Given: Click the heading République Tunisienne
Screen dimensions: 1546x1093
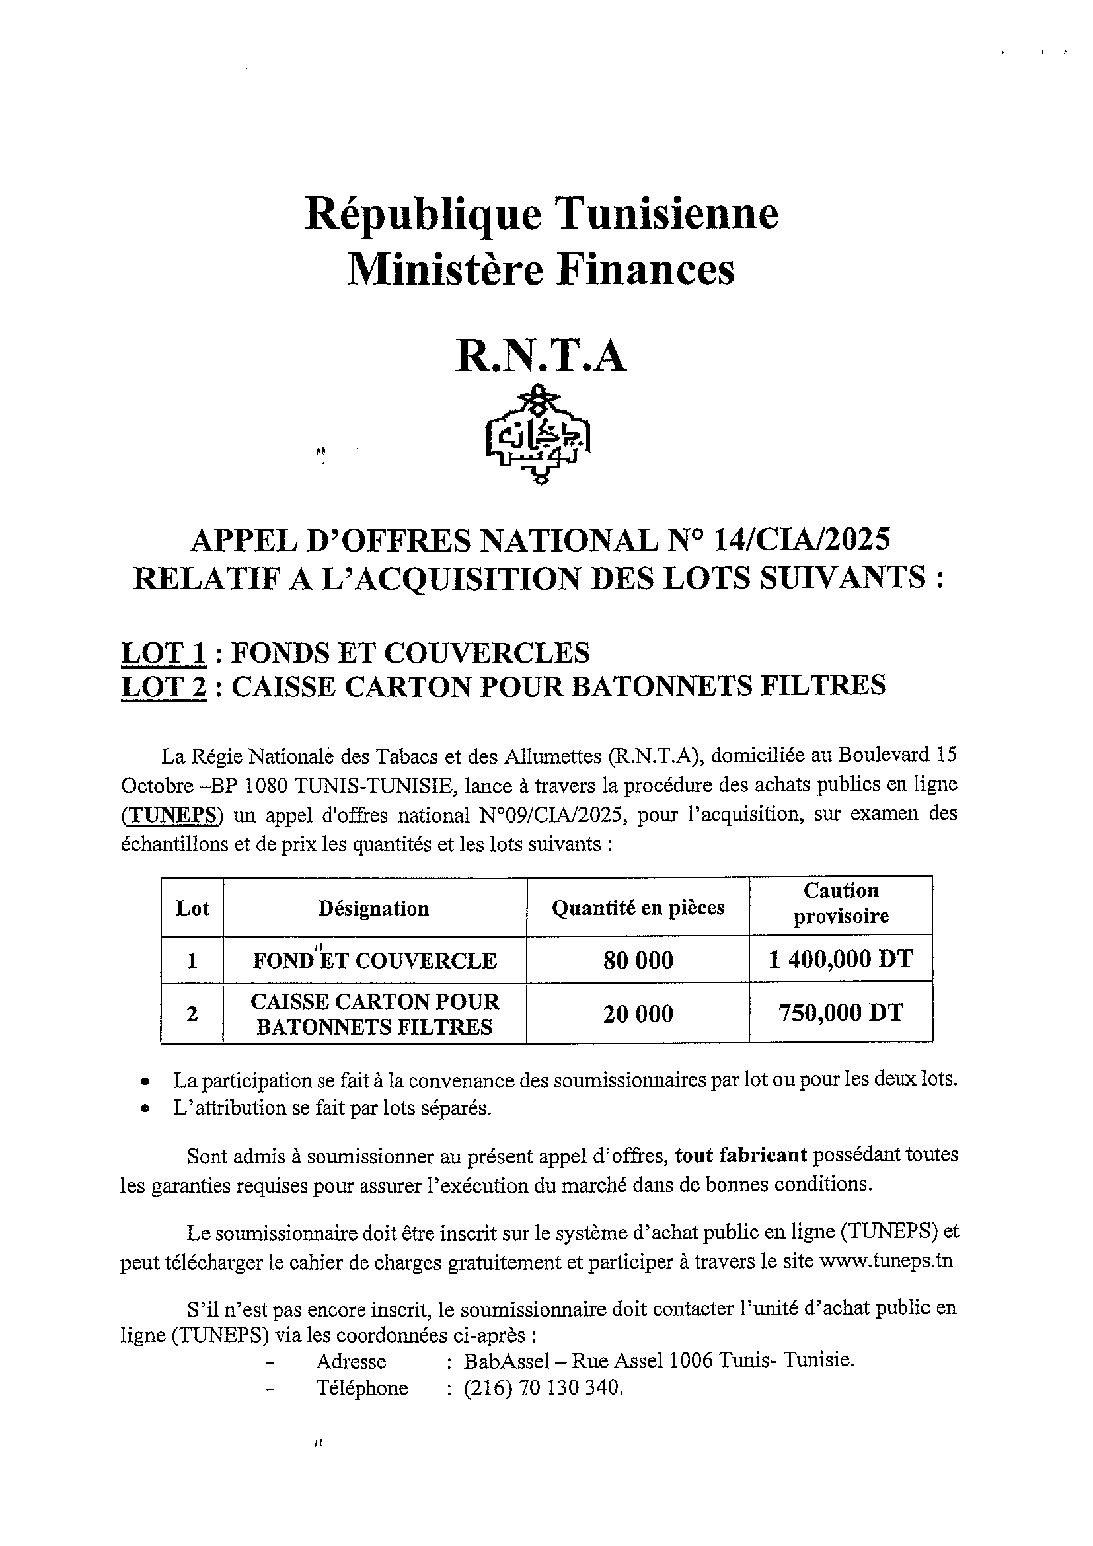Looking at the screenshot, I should [541, 214].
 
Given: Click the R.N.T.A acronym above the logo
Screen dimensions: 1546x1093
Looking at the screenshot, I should [541, 355].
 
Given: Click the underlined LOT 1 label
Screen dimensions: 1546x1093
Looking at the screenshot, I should [164, 653].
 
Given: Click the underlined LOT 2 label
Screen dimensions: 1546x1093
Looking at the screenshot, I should [164, 686].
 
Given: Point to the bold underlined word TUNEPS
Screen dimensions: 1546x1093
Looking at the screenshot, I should [172, 815].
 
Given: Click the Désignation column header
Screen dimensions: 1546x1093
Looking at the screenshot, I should [374, 908].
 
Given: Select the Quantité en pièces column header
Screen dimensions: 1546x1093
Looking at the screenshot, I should [638, 908].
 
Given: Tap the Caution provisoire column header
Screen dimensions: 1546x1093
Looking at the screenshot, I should [841, 904].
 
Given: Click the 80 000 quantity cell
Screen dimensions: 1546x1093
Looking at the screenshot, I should [638, 960].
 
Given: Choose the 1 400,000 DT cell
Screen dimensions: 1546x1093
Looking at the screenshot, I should [841, 959].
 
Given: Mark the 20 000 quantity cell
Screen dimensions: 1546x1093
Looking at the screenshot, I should [638, 1013].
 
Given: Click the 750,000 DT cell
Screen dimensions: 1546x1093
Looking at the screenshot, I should [841, 1013].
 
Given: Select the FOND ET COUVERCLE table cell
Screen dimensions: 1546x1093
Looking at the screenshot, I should [375, 960].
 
